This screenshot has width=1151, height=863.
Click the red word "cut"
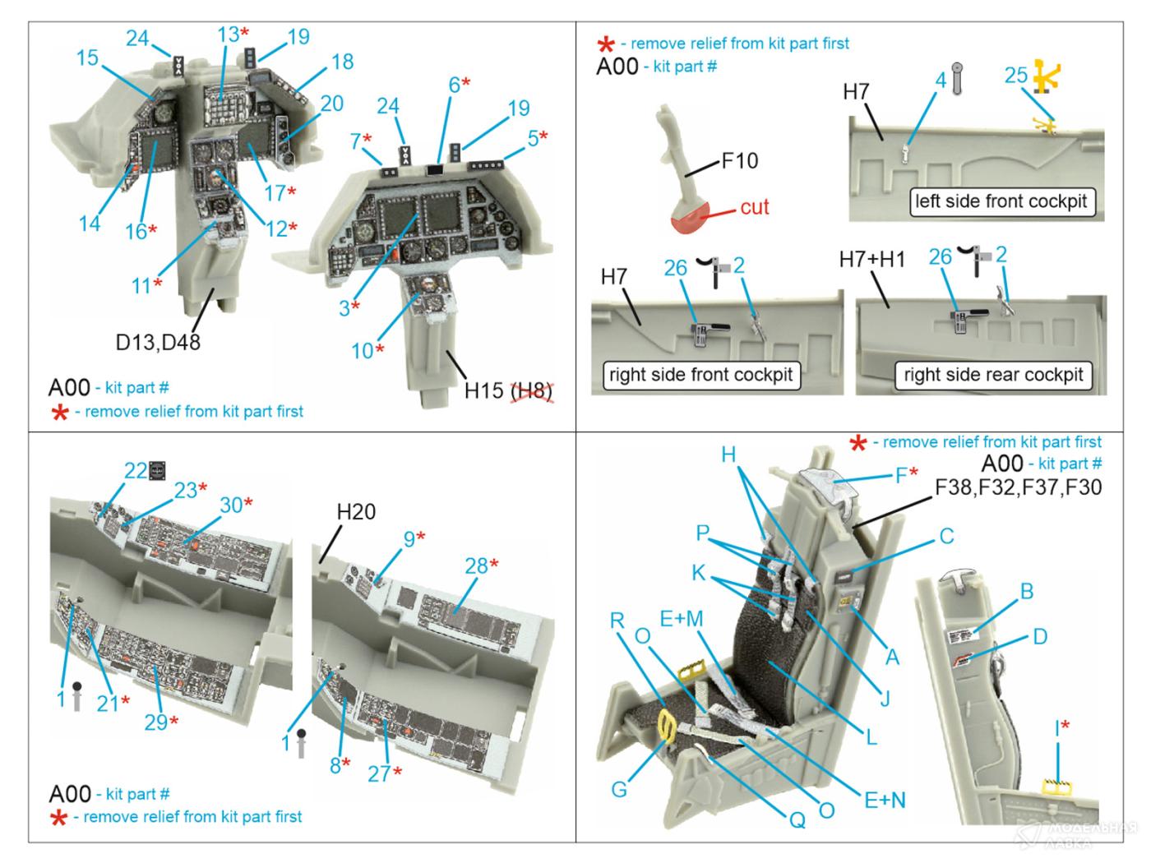754,207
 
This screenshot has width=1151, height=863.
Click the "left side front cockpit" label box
1001,201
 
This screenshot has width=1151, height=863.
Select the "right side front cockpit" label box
700,375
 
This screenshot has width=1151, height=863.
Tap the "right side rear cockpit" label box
993,375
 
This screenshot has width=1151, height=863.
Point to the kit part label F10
739,160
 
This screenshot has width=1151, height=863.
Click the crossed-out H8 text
531,390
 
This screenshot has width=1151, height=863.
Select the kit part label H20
356,512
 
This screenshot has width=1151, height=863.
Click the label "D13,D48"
158,342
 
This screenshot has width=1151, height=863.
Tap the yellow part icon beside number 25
1047,76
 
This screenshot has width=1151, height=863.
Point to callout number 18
341,62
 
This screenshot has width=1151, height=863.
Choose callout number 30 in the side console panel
231,505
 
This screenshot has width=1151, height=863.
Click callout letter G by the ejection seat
618,789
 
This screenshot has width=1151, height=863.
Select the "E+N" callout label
884,800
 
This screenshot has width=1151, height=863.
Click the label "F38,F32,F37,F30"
1018,488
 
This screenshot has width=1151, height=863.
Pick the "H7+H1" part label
871,260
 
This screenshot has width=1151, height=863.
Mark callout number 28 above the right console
477,565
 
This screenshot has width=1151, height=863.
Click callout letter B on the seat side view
1026,591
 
